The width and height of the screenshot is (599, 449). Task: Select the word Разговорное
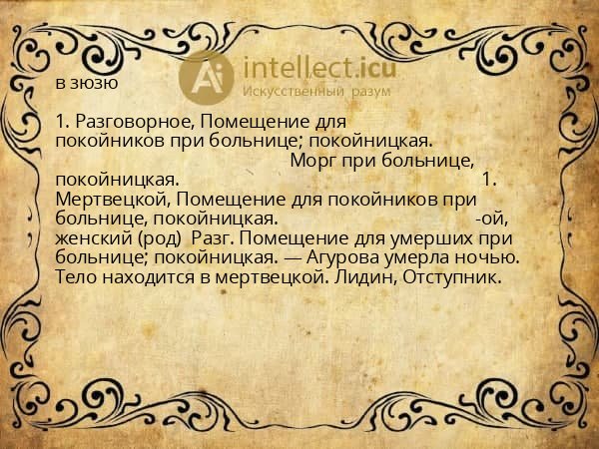coord(125,122)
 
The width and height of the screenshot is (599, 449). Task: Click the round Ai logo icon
coord(207,76)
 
